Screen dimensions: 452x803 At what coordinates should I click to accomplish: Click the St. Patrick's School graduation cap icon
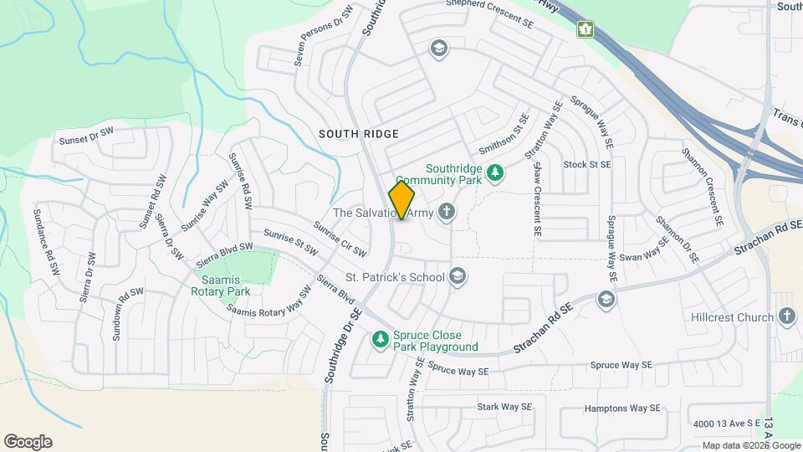coord(458,275)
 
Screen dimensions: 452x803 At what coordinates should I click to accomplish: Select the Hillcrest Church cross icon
coord(785,316)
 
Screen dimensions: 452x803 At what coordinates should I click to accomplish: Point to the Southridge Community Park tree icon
coord(496,172)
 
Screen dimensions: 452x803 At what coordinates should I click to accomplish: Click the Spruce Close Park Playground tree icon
coord(381,339)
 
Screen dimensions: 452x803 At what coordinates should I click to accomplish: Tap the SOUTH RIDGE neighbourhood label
coord(359,134)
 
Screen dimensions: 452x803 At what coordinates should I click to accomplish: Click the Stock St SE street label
coord(587,165)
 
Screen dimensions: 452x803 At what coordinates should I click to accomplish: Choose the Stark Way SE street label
coord(504,407)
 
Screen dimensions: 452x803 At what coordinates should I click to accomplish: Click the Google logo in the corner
coord(28,442)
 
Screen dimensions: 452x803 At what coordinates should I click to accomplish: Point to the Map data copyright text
coord(751,445)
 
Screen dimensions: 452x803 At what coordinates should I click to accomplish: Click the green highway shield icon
coord(586,29)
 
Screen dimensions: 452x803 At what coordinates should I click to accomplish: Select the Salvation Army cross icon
coord(447,212)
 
